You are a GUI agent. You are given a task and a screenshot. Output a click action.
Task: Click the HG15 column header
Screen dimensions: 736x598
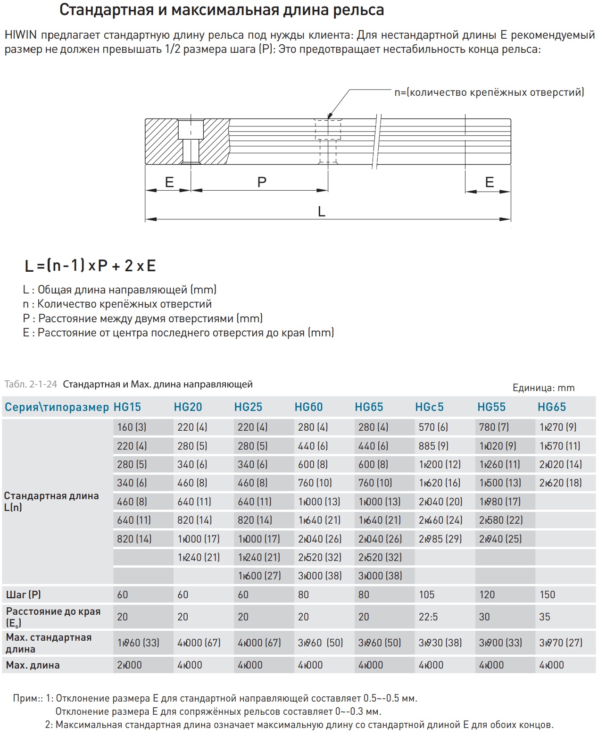(x=127, y=407)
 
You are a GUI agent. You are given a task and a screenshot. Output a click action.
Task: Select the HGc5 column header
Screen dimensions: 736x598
(x=429, y=407)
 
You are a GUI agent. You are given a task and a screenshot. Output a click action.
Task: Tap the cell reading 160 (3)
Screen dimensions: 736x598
(x=132, y=427)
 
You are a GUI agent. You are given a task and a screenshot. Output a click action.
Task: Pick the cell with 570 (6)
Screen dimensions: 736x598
(x=433, y=427)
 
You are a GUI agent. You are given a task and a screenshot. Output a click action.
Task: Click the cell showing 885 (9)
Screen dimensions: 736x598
(x=433, y=446)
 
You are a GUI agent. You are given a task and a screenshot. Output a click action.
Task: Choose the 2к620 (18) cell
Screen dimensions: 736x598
(x=560, y=483)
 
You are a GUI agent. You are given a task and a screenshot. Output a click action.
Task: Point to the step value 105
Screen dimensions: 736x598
(x=427, y=595)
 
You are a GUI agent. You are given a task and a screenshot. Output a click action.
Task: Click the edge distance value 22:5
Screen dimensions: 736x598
(x=428, y=617)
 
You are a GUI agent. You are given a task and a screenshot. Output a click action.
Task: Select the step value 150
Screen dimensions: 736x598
(x=547, y=595)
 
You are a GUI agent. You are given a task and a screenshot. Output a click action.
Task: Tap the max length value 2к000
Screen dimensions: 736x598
(x=129, y=665)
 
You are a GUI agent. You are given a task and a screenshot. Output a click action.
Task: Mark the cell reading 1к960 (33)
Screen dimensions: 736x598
(x=138, y=643)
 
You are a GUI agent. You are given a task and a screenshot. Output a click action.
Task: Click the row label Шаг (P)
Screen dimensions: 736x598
(x=24, y=595)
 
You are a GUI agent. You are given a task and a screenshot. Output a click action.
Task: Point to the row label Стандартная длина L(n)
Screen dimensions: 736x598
(x=51, y=502)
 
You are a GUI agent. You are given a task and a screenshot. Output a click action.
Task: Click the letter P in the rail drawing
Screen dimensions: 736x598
(x=262, y=182)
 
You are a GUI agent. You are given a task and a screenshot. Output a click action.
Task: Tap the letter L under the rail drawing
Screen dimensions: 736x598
(x=322, y=212)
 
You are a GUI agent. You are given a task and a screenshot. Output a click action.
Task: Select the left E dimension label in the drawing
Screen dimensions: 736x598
(x=169, y=182)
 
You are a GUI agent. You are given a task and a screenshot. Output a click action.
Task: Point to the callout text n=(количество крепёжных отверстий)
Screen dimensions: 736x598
(x=489, y=92)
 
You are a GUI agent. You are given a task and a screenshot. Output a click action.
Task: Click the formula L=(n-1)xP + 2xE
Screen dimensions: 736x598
(x=90, y=266)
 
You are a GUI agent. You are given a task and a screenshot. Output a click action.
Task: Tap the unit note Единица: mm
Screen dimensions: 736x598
(x=543, y=388)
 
